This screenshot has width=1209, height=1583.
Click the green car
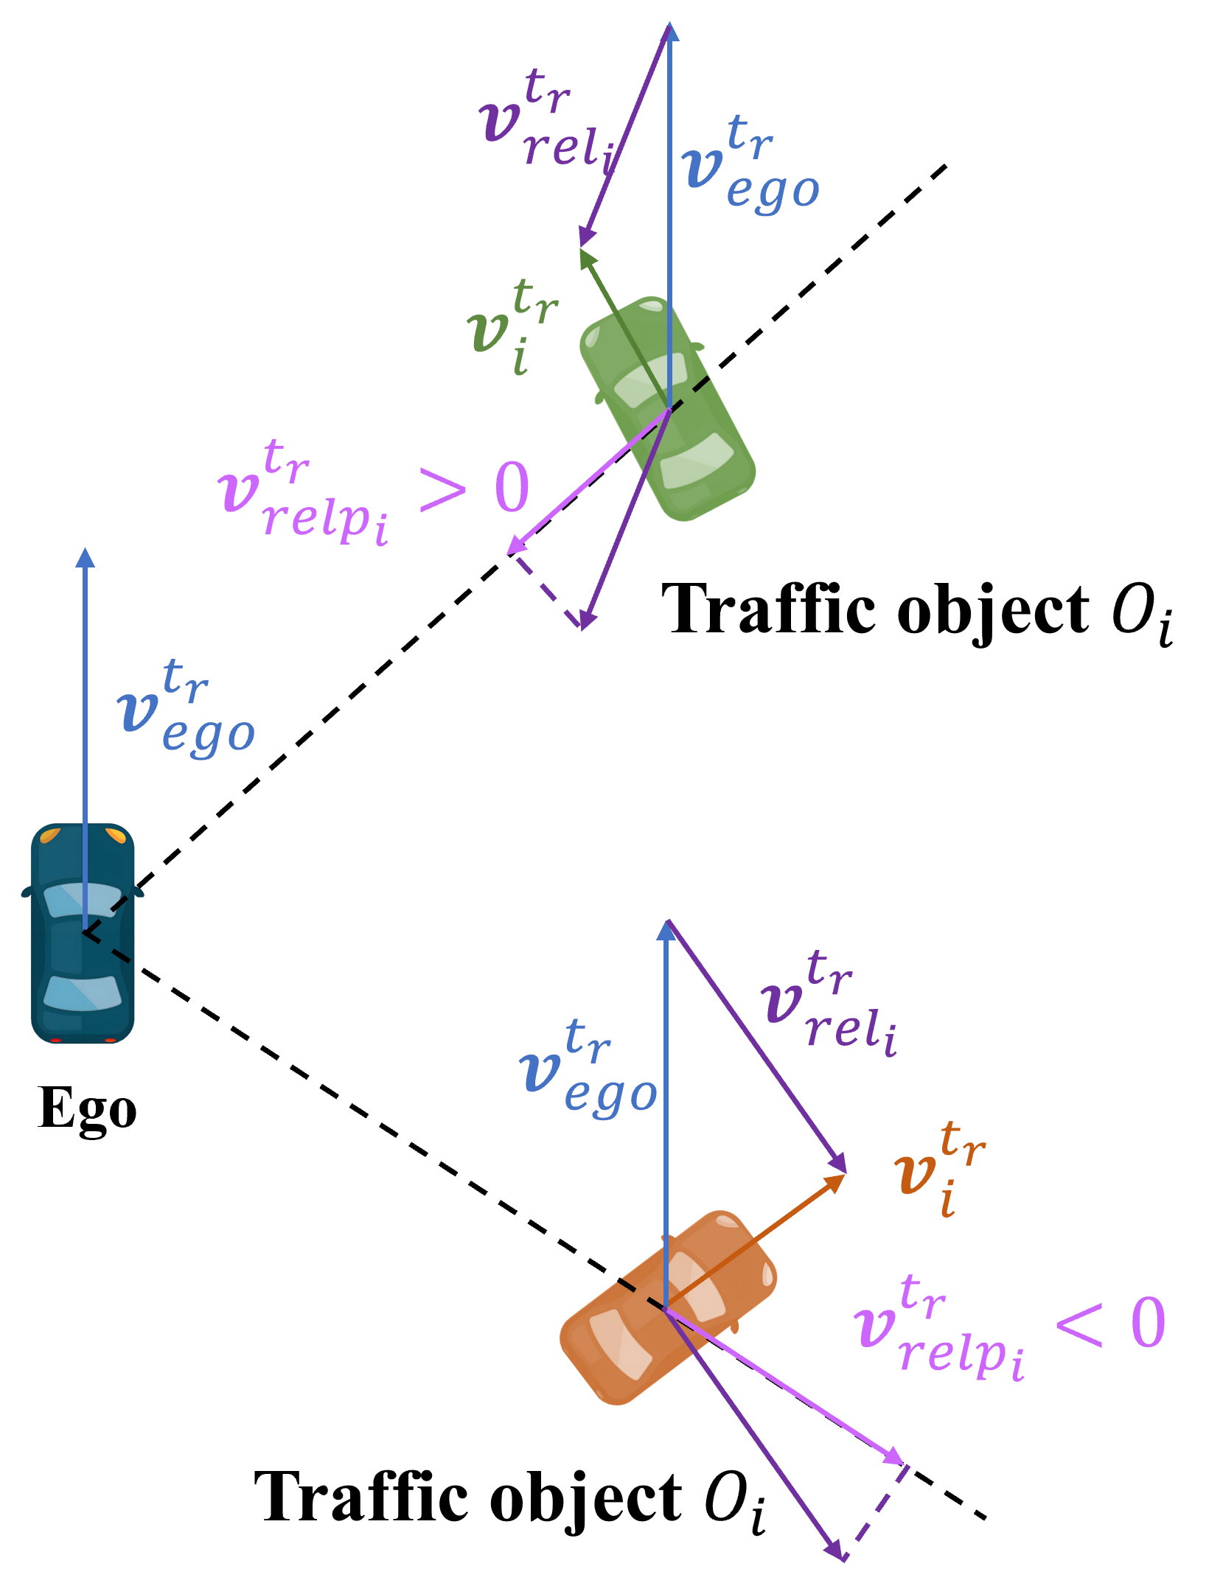(667, 409)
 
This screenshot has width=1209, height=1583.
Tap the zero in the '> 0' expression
(512, 488)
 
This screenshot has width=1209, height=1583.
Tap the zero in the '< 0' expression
(1148, 1323)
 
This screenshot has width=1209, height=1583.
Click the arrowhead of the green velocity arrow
(585, 258)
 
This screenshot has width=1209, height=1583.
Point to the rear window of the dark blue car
(82, 991)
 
